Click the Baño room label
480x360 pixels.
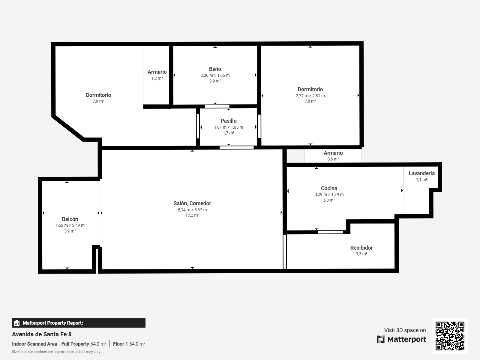pos(215,69)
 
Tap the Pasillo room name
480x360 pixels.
pos(229,121)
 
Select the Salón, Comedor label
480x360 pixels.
pos(192,203)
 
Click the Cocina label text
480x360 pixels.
pos(329,188)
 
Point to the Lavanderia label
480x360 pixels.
pos(421,173)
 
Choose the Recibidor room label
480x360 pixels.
pos(361,248)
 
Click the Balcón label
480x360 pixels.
pos(70,219)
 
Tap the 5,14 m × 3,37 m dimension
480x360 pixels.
pos(192,210)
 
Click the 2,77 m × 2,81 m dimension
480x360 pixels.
pos(310,96)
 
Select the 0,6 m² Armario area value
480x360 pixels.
pos(333,159)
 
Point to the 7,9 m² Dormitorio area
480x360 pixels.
pos(98,101)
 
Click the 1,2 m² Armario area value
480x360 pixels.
pos(157,78)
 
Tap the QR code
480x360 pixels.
pos(450,336)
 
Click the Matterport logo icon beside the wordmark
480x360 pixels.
pos(381,339)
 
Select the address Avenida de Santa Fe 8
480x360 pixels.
pos(42,334)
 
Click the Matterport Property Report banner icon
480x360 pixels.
pos(17,323)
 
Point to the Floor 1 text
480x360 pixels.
pos(120,344)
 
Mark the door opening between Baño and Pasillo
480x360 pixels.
pos(217,106)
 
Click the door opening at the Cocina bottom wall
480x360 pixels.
pos(330,232)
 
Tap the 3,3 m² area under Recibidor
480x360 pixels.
pos(361,254)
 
